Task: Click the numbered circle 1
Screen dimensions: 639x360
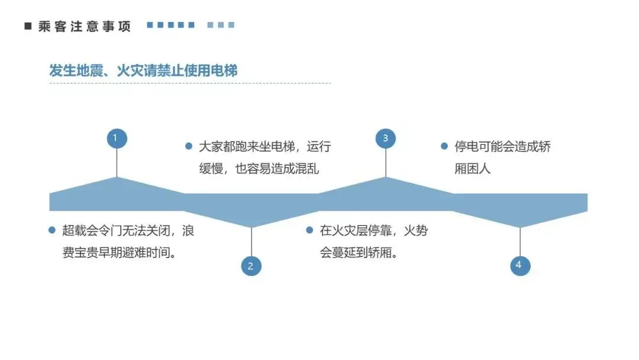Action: pos(116,139)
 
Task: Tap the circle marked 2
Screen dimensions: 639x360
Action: pos(251,266)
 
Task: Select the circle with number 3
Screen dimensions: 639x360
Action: pos(386,139)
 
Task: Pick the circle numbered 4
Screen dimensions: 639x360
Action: pos(520,265)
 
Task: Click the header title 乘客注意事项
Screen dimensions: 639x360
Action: pos(85,26)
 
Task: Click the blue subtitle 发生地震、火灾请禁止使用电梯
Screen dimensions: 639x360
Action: pos(143,70)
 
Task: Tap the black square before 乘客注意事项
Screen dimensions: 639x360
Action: pos(27,26)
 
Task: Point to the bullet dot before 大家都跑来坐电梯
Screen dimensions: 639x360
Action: pos(189,146)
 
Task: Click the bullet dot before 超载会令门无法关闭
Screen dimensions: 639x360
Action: pos(52,230)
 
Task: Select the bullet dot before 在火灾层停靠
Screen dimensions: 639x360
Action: pos(309,230)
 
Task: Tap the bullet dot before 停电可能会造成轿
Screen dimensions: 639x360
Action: pos(444,146)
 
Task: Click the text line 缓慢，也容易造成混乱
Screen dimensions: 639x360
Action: pos(259,168)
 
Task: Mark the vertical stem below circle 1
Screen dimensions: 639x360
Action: pos(117,162)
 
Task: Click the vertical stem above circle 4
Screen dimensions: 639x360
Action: pos(520,242)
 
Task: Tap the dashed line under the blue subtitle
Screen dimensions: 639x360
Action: pos(189,83)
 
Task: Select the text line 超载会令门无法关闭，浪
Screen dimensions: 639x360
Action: pos(128,230)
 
